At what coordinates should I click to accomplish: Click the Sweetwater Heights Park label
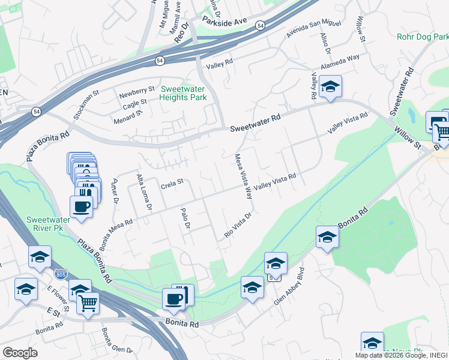(183, 93)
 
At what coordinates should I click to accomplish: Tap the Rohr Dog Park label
(423, 37)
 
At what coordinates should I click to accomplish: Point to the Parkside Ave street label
(225, 20)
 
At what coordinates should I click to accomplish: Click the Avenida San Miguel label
(313, 31)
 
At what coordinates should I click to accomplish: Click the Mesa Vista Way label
(243, 176)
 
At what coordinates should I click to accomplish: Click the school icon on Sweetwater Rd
(330, 86)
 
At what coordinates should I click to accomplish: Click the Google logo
(20, 353)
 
